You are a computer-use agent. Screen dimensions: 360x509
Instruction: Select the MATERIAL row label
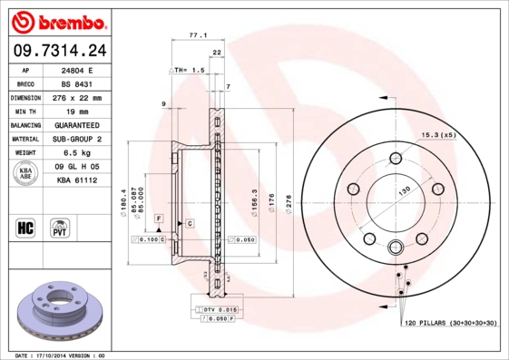pyautogui.click(x=24, y=140)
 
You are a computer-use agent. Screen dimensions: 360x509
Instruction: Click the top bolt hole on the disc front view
pyautogui.click(x=396, y=160)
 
